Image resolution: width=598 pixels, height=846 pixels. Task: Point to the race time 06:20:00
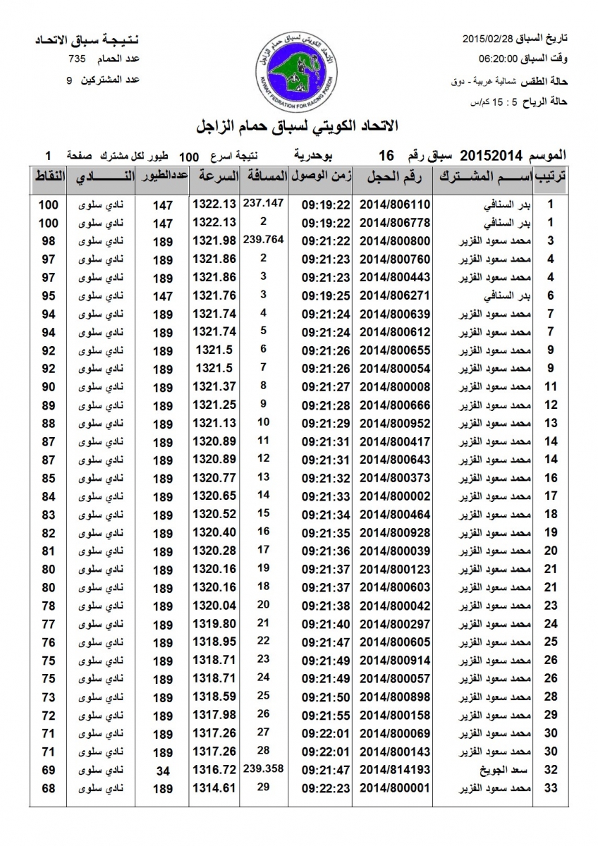click(x=499, y=59)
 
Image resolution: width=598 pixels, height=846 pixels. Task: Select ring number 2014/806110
click(x=394, y=205)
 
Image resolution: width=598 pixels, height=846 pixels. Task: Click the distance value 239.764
click(x=263, y=239)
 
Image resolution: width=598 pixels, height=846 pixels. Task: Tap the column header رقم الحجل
click(x=395, y=176)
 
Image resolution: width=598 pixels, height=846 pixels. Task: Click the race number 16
click(x=385, y=154)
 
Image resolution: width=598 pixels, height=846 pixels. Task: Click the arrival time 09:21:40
click(x=327, y=624)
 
